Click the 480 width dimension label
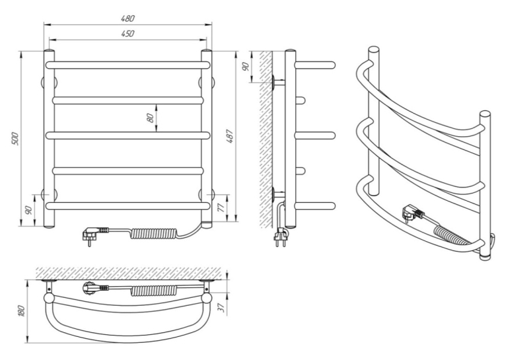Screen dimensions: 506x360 [127, 18]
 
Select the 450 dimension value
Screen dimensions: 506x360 [127, 34]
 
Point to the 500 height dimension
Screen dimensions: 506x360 [16, 139]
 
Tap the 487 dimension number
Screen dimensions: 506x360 [229, 136]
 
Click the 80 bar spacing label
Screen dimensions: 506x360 [151, 118]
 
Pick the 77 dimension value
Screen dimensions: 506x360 [221, 207]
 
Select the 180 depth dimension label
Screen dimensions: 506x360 [21, 310]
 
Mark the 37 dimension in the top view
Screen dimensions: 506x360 [221, 308]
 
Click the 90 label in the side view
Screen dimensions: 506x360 [246, 67]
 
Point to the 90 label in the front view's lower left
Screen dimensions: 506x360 [28, 210]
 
